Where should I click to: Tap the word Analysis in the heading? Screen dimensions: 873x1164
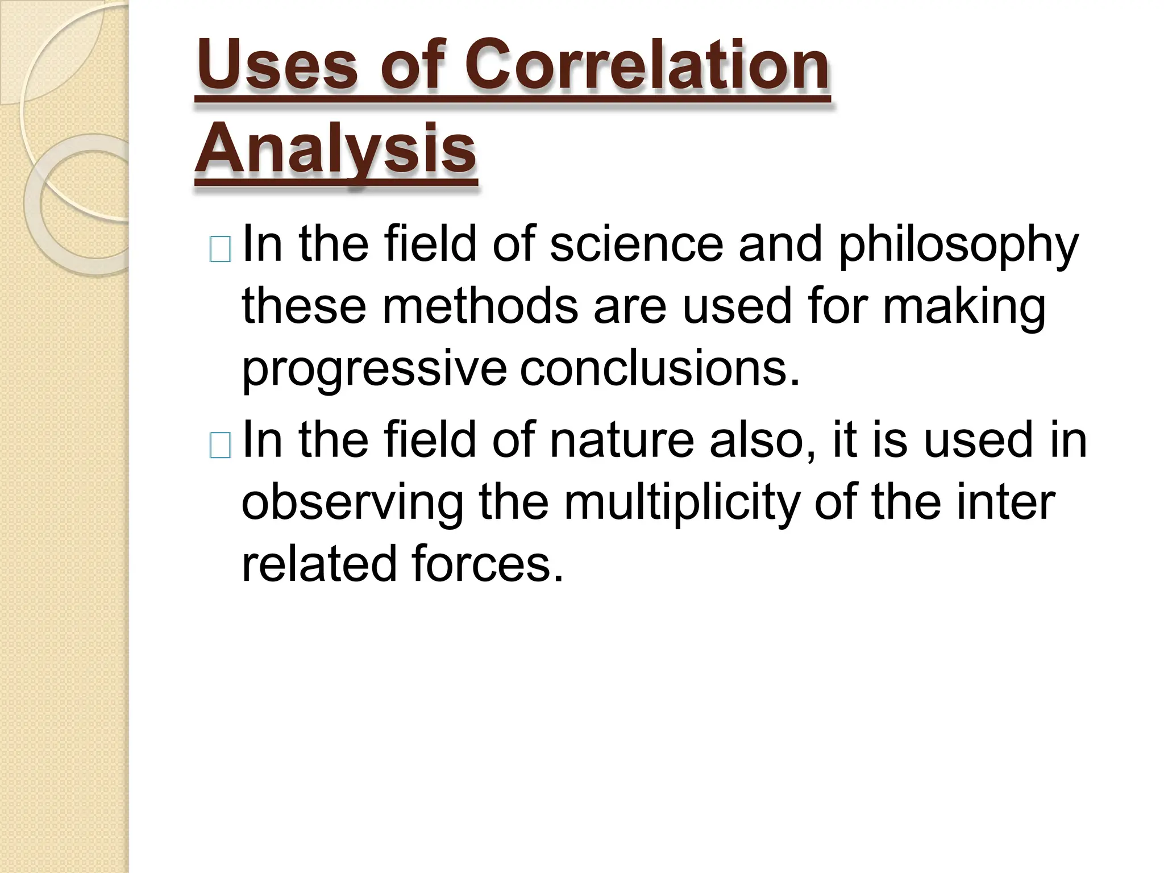335,149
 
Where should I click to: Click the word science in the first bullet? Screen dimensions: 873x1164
637,244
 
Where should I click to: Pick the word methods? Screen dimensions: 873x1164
480,306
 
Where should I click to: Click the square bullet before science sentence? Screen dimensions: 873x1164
220,249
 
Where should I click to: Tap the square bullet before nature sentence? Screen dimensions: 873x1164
220,445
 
